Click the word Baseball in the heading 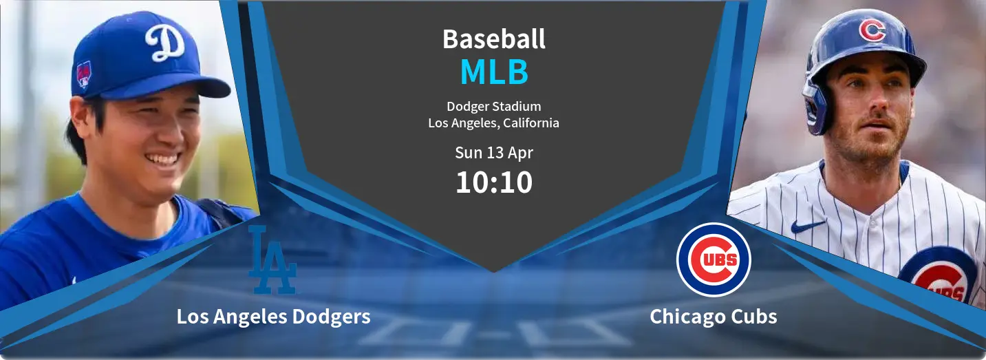[x=494, y=39]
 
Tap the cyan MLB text [x=494, y=72]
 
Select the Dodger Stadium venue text [x=494, y=107]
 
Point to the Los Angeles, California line [x=494, y=123]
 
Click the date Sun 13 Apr [x=494, y=153]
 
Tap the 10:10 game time [x=494, y=182]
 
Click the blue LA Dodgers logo [x=272, y=260]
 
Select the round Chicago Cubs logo [x=714, y=260]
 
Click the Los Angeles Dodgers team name [x=273, y=317]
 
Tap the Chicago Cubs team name [x=714, y=317]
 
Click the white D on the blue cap [x=164, y=42]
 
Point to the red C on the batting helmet [x=872, y=30]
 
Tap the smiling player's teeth [x=163, y=158]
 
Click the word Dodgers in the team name [x=331, y=317]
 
